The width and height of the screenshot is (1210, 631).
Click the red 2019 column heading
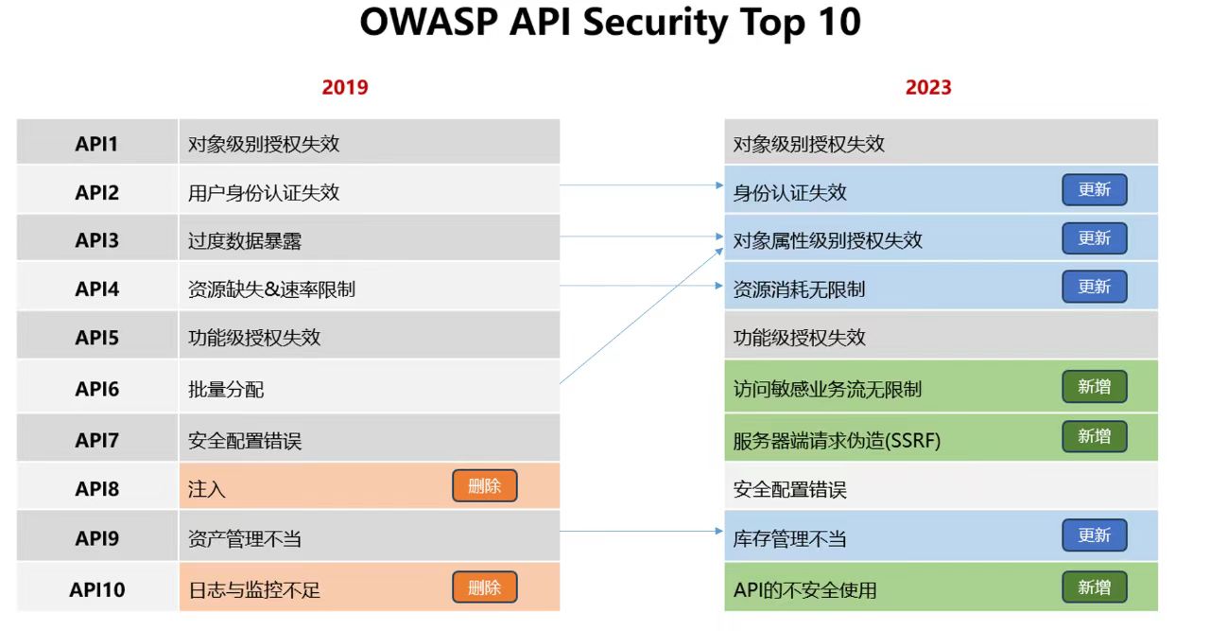click(x=345, y=87)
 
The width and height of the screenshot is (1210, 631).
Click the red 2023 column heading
click(x=928, y=87)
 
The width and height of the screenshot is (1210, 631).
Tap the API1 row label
click(x=96, y=144)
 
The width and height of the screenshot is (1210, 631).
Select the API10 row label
click(x=97, y=589)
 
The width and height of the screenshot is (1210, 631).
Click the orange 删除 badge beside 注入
click(x=485, y=485)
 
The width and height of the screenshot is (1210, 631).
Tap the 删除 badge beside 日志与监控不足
click(x=485, y=587)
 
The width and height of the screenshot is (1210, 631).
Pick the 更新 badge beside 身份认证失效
click(x=1095, y=189)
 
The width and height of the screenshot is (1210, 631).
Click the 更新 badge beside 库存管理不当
click(x=1095, y=535)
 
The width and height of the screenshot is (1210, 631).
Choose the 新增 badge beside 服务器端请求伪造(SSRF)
click(x=1095, y=436)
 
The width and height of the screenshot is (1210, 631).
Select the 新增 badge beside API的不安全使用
click(x=1095, y=587)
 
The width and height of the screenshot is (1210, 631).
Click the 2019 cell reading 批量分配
click(x=370, y=387)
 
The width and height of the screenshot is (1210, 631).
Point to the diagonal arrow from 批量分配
click(x=641, y=316)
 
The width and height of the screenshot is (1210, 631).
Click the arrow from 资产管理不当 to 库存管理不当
click(x=641, y=531)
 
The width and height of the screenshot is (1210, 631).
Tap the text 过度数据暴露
click(x=245, y=240)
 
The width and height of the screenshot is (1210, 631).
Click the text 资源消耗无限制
click(x=799, y=289)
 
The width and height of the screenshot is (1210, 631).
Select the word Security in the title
click(x=655, y=23)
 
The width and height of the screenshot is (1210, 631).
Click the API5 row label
click(x=96, y=338)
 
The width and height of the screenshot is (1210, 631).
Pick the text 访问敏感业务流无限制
click(x=827, y=389)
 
